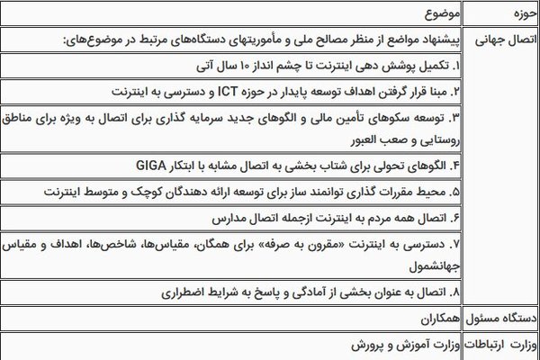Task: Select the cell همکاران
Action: pos(438,319)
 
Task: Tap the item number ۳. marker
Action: pos(454,117)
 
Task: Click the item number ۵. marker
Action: pos(454,193)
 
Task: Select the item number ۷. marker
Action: pos(454,243)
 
